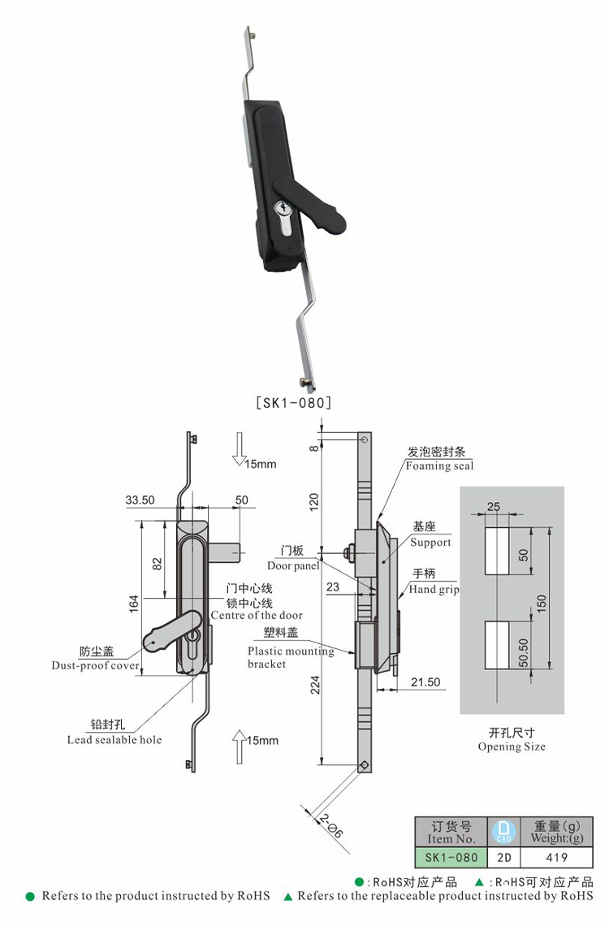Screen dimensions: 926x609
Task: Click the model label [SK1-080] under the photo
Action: click(293, 401)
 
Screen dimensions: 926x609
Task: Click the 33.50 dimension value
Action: click(140, 500)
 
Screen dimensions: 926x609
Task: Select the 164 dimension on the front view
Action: click(134, 602)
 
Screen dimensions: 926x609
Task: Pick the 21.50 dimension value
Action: click(425, 682)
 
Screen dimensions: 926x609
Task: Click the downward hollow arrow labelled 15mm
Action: click(239, 449)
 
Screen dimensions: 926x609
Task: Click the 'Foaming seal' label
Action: click(439, 465)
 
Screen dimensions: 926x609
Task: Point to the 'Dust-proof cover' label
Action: click(95, 666)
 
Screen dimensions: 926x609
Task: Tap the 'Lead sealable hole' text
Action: click(114, 739)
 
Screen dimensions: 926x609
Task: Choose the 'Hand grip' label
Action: click(434, 589)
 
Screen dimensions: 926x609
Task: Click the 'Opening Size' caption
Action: click(512, 746)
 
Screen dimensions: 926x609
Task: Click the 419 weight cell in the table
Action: click(557, 857)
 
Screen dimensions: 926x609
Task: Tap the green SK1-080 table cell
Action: click(451, 857)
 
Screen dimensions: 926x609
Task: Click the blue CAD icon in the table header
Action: click(503, 831)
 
